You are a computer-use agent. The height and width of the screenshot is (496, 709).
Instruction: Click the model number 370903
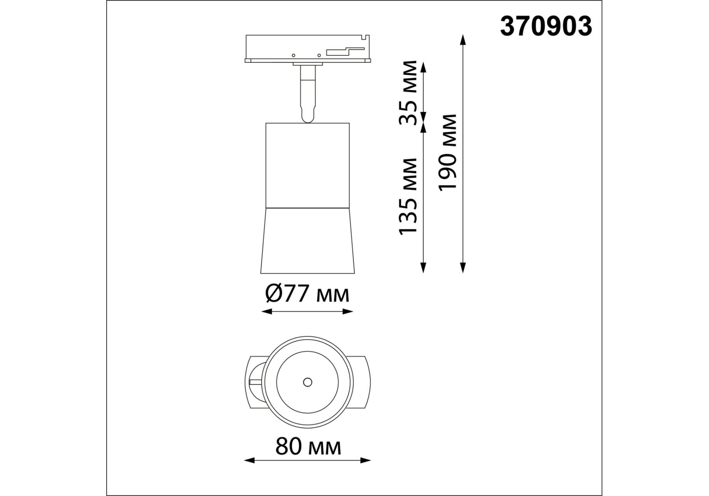click(x=546, y=26)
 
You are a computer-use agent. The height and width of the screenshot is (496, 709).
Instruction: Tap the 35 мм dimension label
click(x=408, y=93)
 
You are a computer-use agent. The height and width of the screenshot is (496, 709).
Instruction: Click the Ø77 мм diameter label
click(x=307, y=294)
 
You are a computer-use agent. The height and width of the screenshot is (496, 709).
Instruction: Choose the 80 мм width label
click(x=308, y=447)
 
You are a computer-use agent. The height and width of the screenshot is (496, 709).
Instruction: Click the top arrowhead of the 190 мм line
click(x=462, y=40)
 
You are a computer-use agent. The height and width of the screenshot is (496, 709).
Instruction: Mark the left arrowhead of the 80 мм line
click(x=249, y=460)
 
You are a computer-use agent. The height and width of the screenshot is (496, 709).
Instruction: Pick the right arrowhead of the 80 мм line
click(x=366, y=460)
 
